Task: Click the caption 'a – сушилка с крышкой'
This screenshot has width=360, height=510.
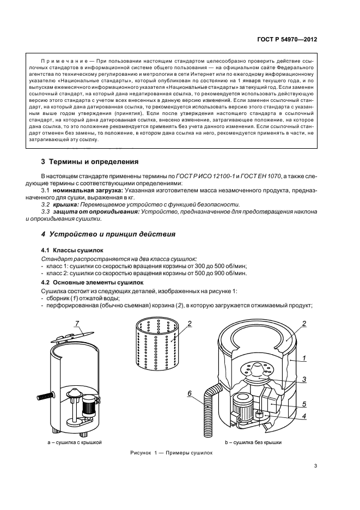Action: pyautogui.click(x=75, y=443)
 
